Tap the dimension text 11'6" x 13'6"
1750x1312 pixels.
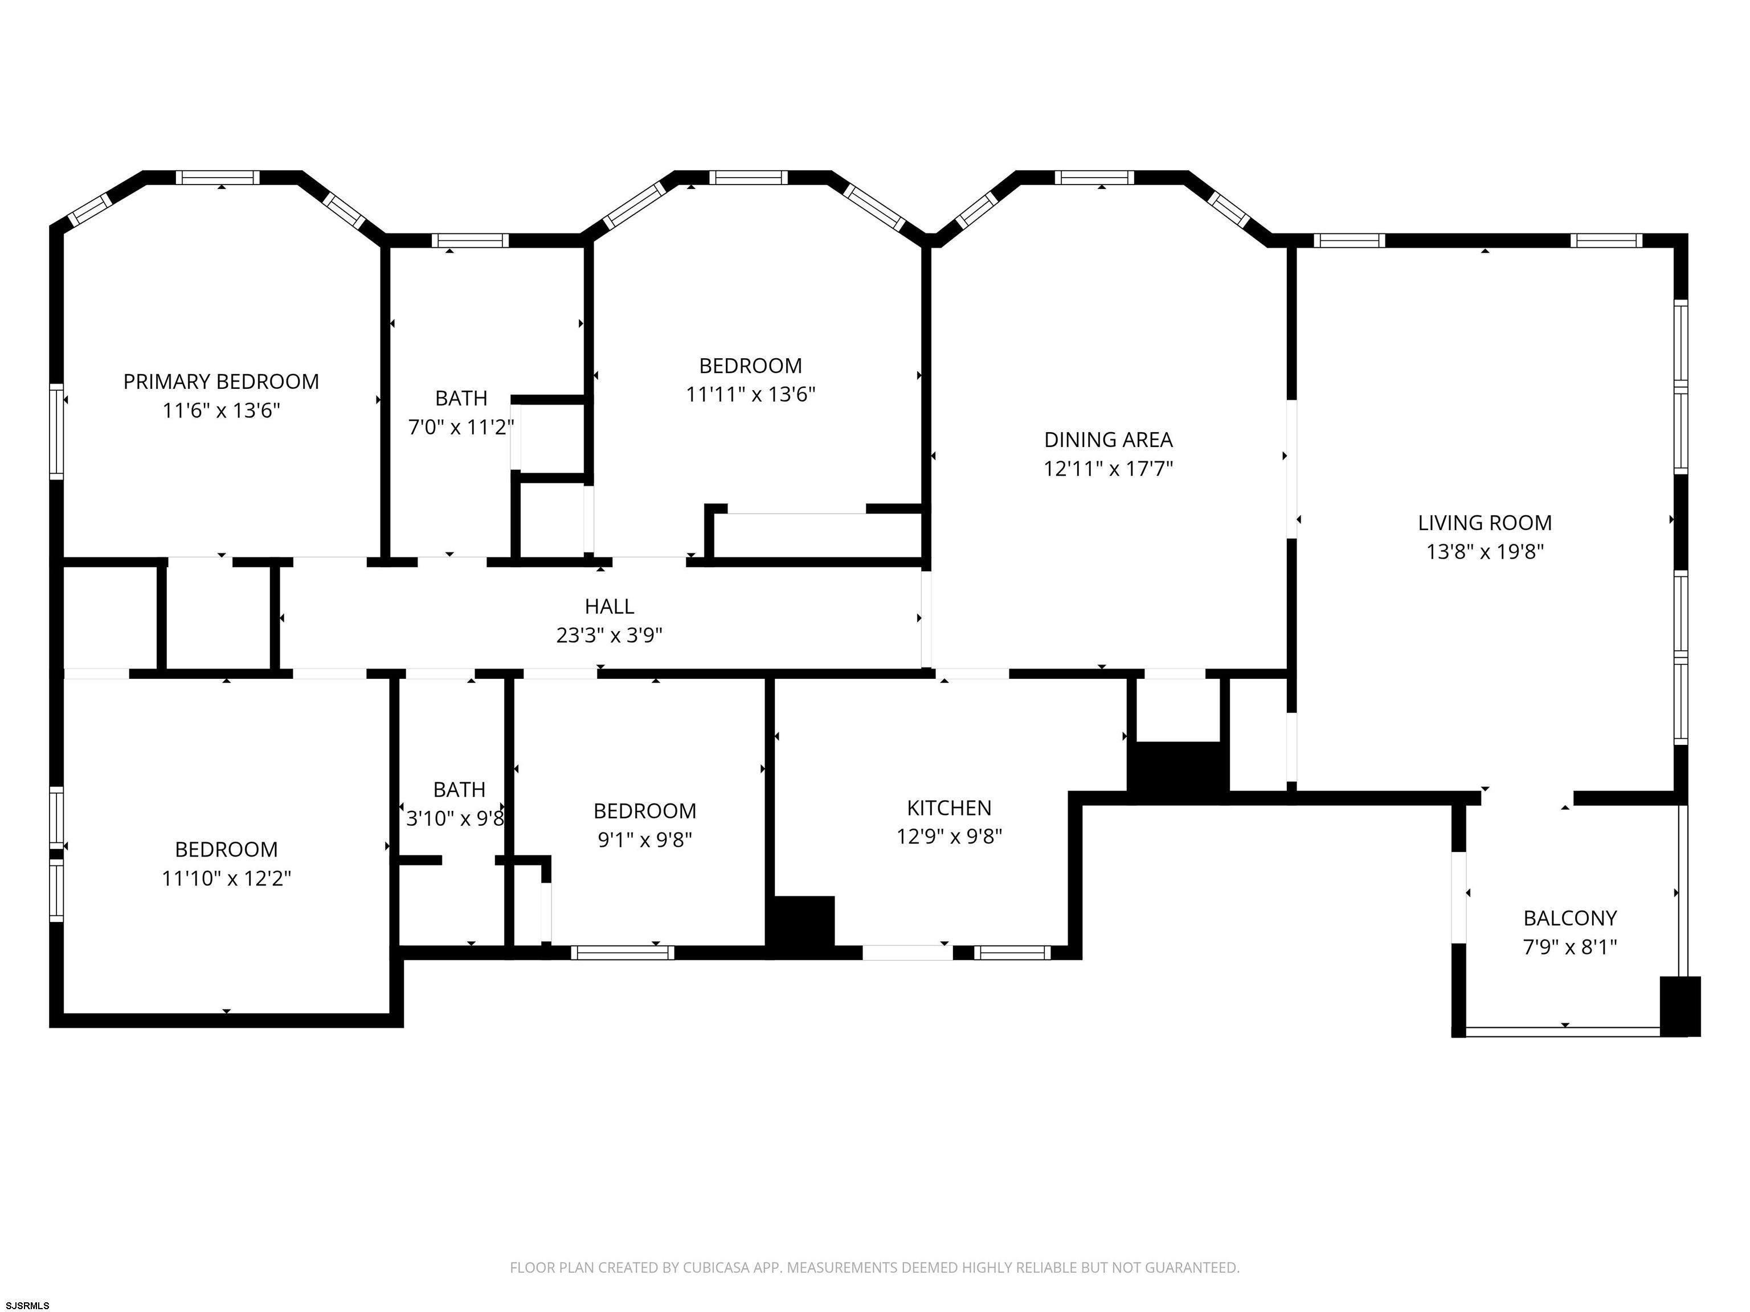(222, 411)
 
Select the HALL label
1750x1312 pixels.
(609, 606)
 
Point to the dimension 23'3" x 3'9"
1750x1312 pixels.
(609, 635)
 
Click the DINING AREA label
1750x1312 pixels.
(1109, 440)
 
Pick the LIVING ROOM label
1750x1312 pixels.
(1485, 523)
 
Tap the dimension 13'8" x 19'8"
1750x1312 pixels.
(1485, 551)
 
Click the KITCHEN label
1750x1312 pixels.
(950, 807)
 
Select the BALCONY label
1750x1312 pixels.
(1571, 918)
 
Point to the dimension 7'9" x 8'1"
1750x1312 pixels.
(1571, 946)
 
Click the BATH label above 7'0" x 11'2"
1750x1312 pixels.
(461, 398)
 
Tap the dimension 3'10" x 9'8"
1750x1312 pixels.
(456, 818)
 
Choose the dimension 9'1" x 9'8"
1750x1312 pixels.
(645, 839)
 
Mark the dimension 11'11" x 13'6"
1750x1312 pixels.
(751, 394)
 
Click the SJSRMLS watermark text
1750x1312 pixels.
(26, 1305)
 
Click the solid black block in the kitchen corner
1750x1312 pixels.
(800, 927)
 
